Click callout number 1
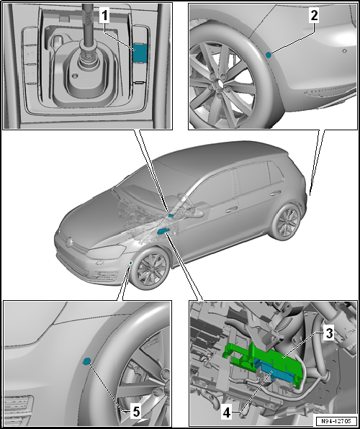click(104, 16)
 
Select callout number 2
click(314, 16)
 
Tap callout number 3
click(328, 333)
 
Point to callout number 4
click(227, 413)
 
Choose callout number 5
click(136, 412)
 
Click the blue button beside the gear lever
click(140, 53)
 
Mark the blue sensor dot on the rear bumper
click(269, 55)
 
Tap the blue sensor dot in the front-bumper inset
click(87, 361)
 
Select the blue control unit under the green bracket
click(276, 371)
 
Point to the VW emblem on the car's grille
click(70, 241)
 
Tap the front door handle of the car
click(231, 209)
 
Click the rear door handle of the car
click(276, 194)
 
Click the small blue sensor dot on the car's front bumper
click(131, 263)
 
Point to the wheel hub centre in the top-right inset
click(218, 83)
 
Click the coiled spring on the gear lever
click(89, 56)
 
